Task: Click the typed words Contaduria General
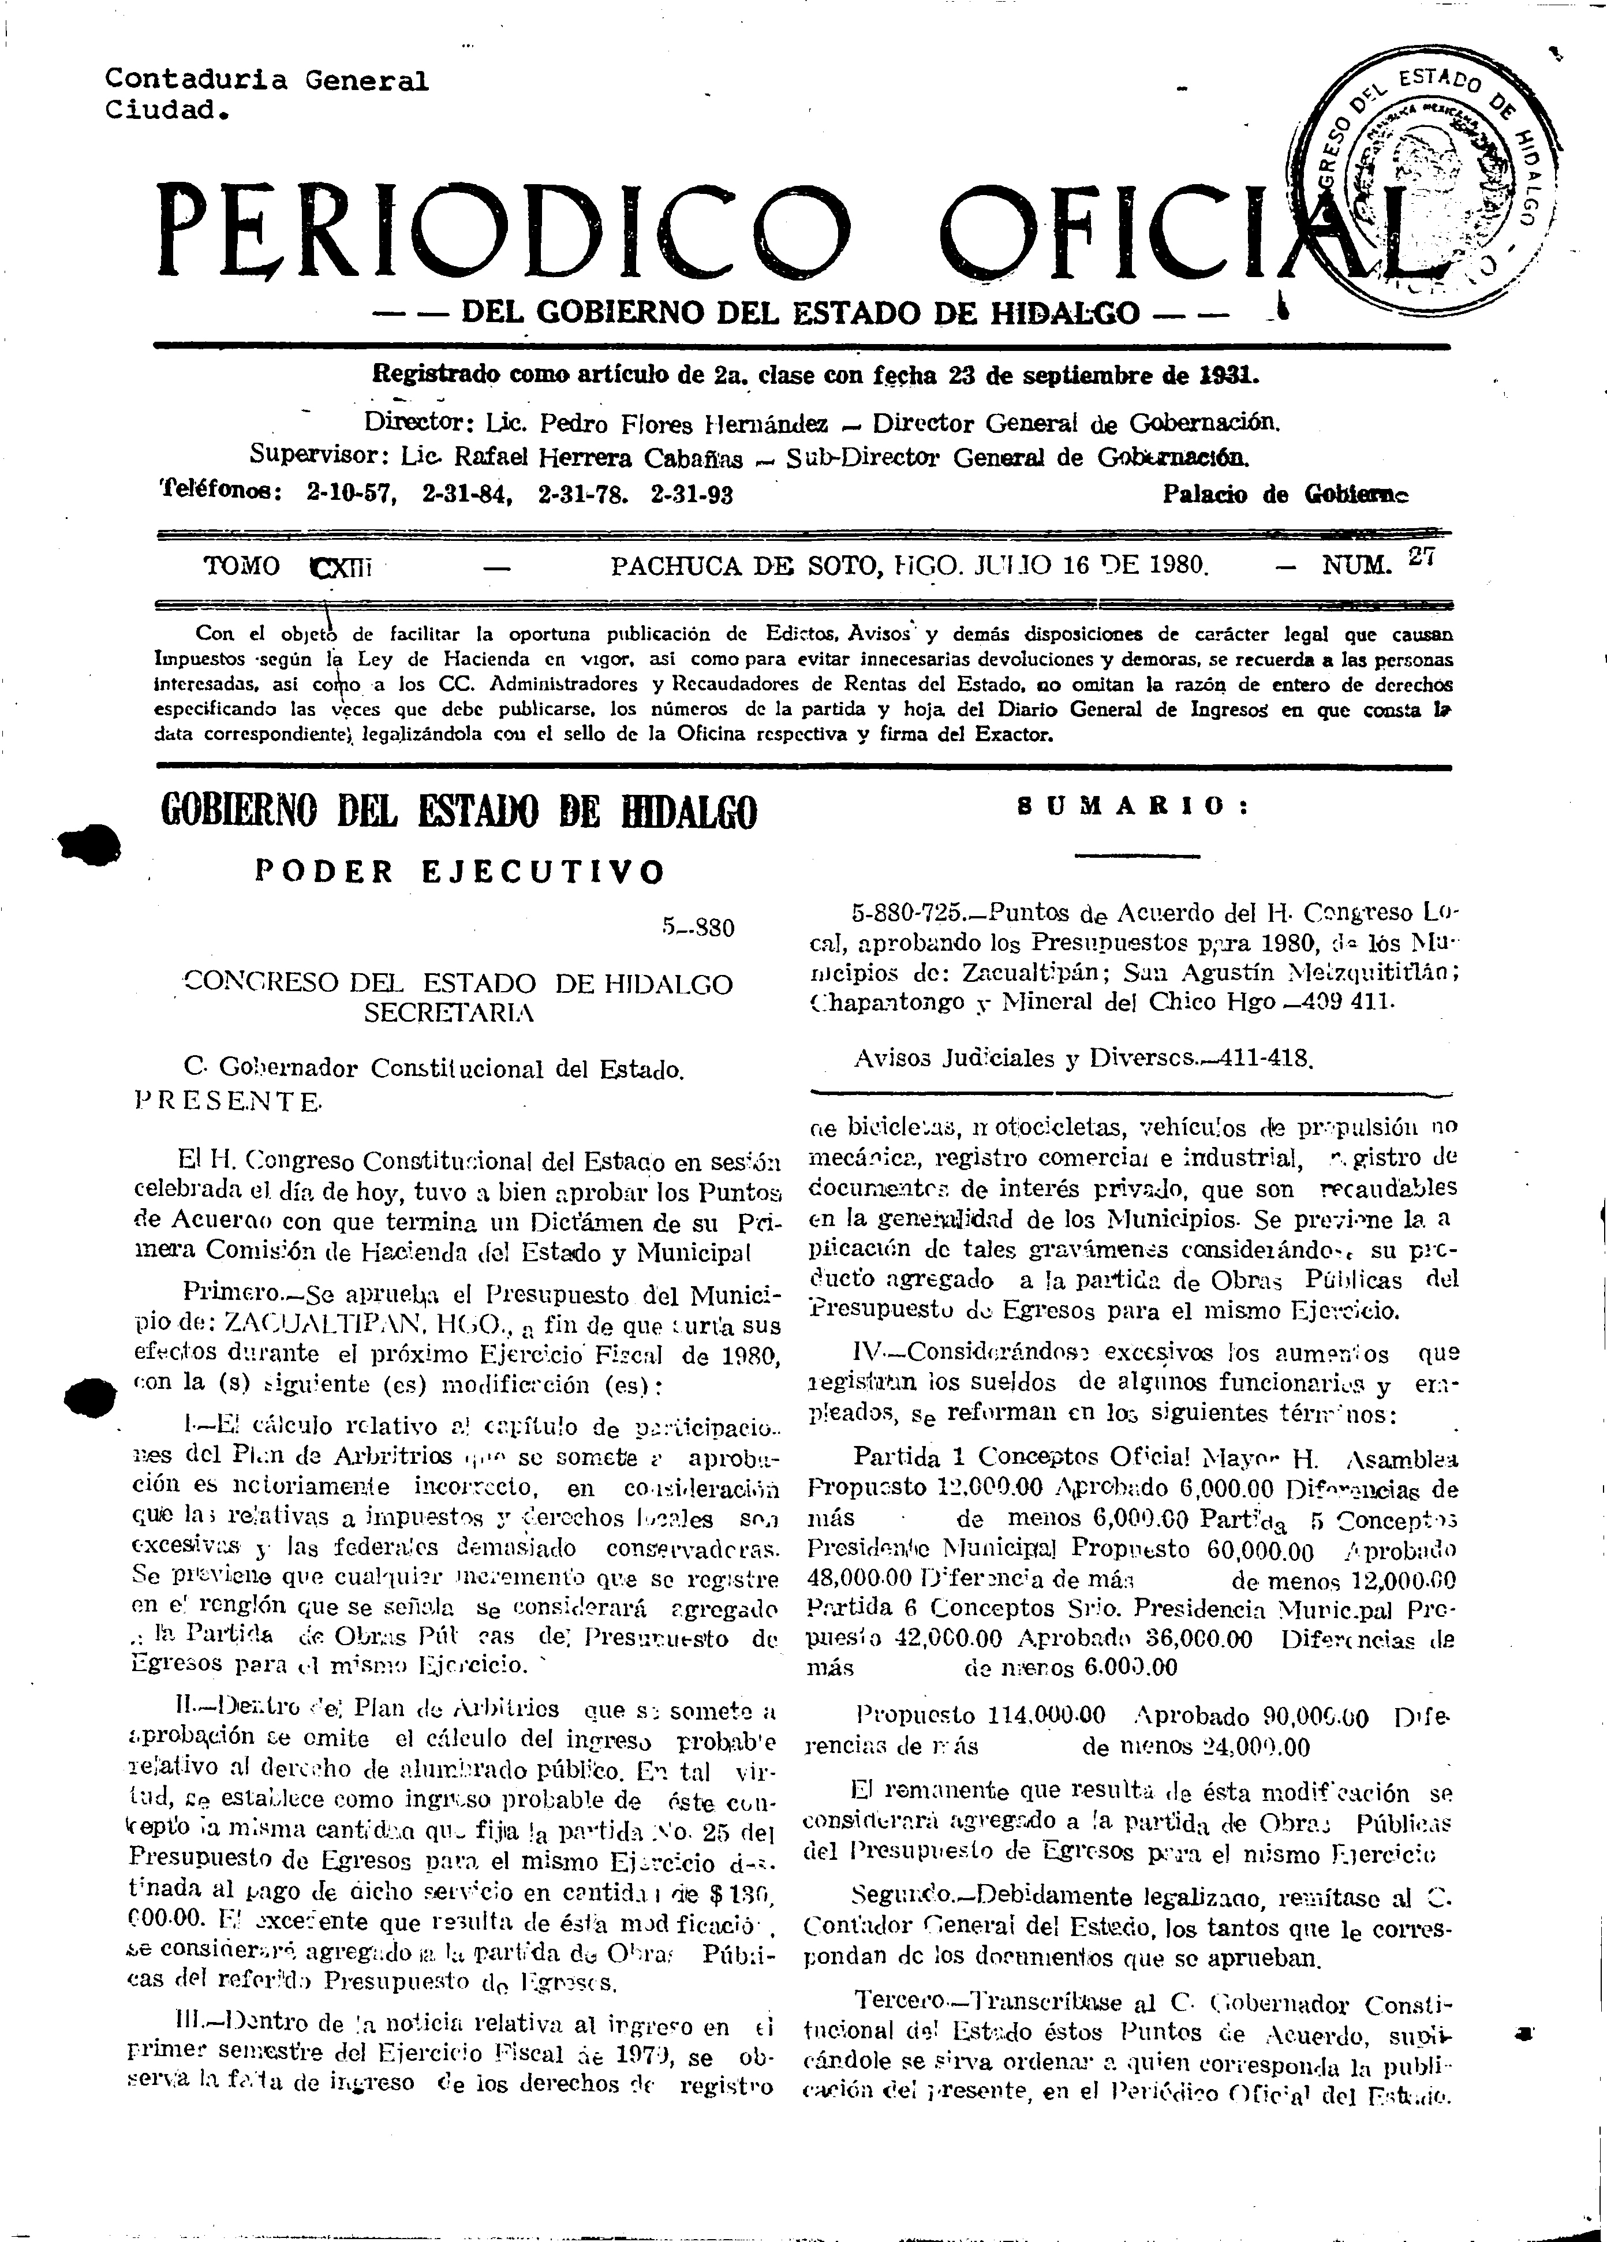(267, 80)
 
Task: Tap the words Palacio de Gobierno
(1286, 494)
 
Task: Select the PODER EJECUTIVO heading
(459, 871)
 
